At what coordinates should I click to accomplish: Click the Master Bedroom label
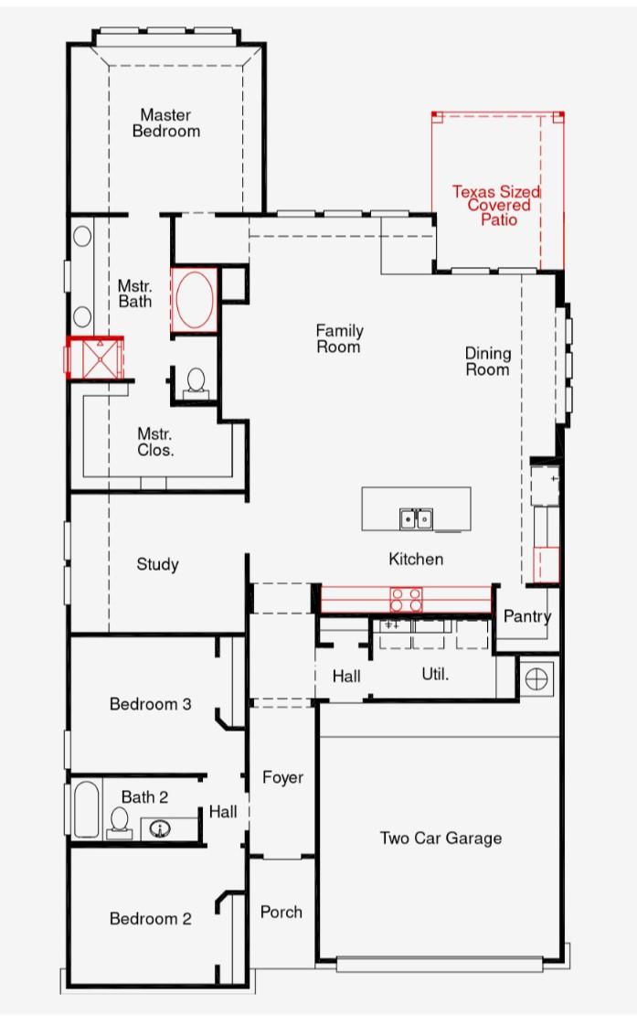pyautogui.click(x=166, y=123)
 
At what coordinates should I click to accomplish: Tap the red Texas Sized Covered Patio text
pyautogui.click(x=496, y=205)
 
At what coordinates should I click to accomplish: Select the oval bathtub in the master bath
pyautogui.click(x=195, y=300)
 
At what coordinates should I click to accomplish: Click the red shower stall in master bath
pyautogui.click(x=95, y=358)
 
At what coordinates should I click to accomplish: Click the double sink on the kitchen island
pyautogui.click(x=416, y=519)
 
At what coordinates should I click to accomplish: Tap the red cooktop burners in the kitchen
pyautogui.click(x=407, y=600)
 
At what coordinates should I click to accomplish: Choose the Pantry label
pyautogui.click(x=527, y=615)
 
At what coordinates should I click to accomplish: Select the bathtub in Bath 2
pyautogui.click(x=86, y=809)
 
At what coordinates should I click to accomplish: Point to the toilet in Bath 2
pyautogui.click(x=120, y=823)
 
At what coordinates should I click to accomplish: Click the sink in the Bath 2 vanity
pyautogui.click(x=160, y=829)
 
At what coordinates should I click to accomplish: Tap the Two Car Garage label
pyautogui.click(x=441, y=838)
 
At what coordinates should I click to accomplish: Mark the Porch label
pyautogui.click(x=281, y=912)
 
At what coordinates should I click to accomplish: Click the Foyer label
pyautogui.click(x=283, y=777)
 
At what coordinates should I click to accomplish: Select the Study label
pyautogui.click(x=157, y=564)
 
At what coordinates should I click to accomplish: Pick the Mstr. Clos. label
pyautogui.click(x=155, y=442)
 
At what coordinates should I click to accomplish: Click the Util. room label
pyautogui.click(x=435, y=674)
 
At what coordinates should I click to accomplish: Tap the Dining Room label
pyautogui.click(x=487, y=361)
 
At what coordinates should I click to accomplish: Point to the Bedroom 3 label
pyautogui.click(x=150, y=704)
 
